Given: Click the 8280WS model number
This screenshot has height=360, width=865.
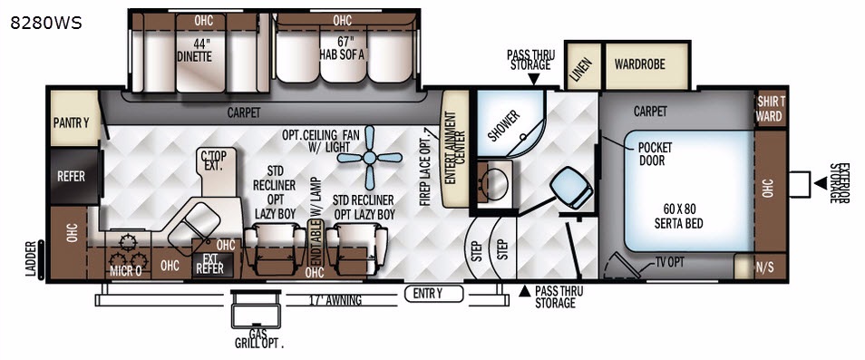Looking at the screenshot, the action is (x=46, y=24).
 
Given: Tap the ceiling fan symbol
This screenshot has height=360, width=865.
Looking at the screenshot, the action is (x=369, y=158).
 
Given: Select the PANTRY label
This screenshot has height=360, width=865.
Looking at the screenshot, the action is (x=71, y=122).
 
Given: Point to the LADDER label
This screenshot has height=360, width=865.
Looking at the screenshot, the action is (x=31, y=258).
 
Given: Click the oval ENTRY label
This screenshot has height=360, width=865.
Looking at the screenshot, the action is (x=433, y=294).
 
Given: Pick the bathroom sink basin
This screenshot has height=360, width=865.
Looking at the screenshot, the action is (x=494, y=185).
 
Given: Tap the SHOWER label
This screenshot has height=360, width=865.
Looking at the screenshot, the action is (x=504, y=125).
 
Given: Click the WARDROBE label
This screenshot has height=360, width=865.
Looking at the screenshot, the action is (x=640, y=64).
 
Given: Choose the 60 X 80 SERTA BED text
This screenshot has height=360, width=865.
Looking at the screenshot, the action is (x=678, y=216).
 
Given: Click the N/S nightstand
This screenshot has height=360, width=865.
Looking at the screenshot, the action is (x=761, y=268).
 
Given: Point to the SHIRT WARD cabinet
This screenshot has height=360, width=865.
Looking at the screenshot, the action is (x=770, y=109).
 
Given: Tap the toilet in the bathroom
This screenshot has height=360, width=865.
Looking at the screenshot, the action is (x=571, y=188).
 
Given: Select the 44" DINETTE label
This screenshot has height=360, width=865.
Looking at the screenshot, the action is (x=195, y=50).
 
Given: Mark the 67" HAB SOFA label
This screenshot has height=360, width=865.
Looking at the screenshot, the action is (x=342, y=48).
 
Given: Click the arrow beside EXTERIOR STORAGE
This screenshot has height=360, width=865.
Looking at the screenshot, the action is (x=821, y=183).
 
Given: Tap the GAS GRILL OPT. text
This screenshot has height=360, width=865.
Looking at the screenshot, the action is (x=258, y=338).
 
